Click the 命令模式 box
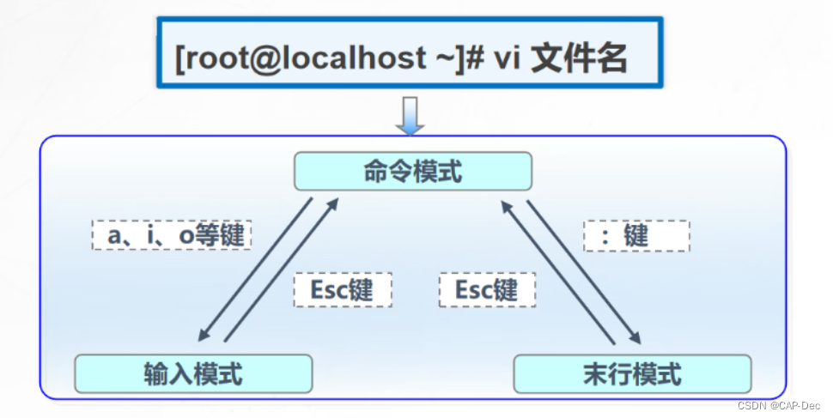[x=413, y=172]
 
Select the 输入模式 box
[x=192, y=373]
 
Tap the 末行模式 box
[x=632, y=373]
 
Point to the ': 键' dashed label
[x=636, y=235]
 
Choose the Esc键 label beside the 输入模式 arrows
[x=343, y=289]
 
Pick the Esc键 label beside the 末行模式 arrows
[x=488, y=289]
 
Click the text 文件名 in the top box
[x=580, y=59]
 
